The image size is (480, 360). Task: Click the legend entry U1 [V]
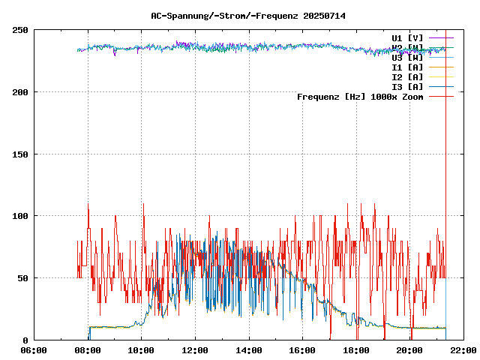pyautogui.click(x=407, y=37)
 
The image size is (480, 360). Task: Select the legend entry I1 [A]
pyautogui.click(x=407, y=67)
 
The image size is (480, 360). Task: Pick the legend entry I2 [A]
pyautogui.click(x=407, y=77)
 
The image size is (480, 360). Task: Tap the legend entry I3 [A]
pyautogui.click(x=407, y=87)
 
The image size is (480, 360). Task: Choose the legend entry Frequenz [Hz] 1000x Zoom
pyautogui.click(x=360, y=97)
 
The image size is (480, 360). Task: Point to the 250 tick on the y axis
pyautogui.click(x=21, y=30)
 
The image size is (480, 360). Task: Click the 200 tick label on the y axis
pyautogui.click(x=21, y=92)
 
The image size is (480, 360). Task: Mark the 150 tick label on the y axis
pyautogui.click(x=21, y=154)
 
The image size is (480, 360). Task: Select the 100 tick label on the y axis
pyautogui.click(x=21, y=216)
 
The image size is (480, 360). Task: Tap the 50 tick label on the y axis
pyautogui.click(x=23, y=278)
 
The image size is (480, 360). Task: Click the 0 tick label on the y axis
pyautogui.click(x=26, y=340)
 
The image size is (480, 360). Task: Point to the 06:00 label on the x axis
pyautogui.click(x=34, y=350)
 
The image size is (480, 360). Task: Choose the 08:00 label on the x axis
pyautogui.click(x=88, y=350)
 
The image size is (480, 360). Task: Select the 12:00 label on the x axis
pyautogui.click(x=195, y=350)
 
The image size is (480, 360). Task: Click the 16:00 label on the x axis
pyautogui.click(x=302, y=350)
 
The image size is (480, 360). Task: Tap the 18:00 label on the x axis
pyautogui.click(x=355, y=350)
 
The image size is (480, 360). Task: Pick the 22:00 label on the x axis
pyautogui.click(x=463, y=350)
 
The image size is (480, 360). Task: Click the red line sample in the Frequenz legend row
pyautogui.click(x=442, y=97)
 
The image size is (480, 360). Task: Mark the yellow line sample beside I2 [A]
pyautogui.click(x=442, y=77)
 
